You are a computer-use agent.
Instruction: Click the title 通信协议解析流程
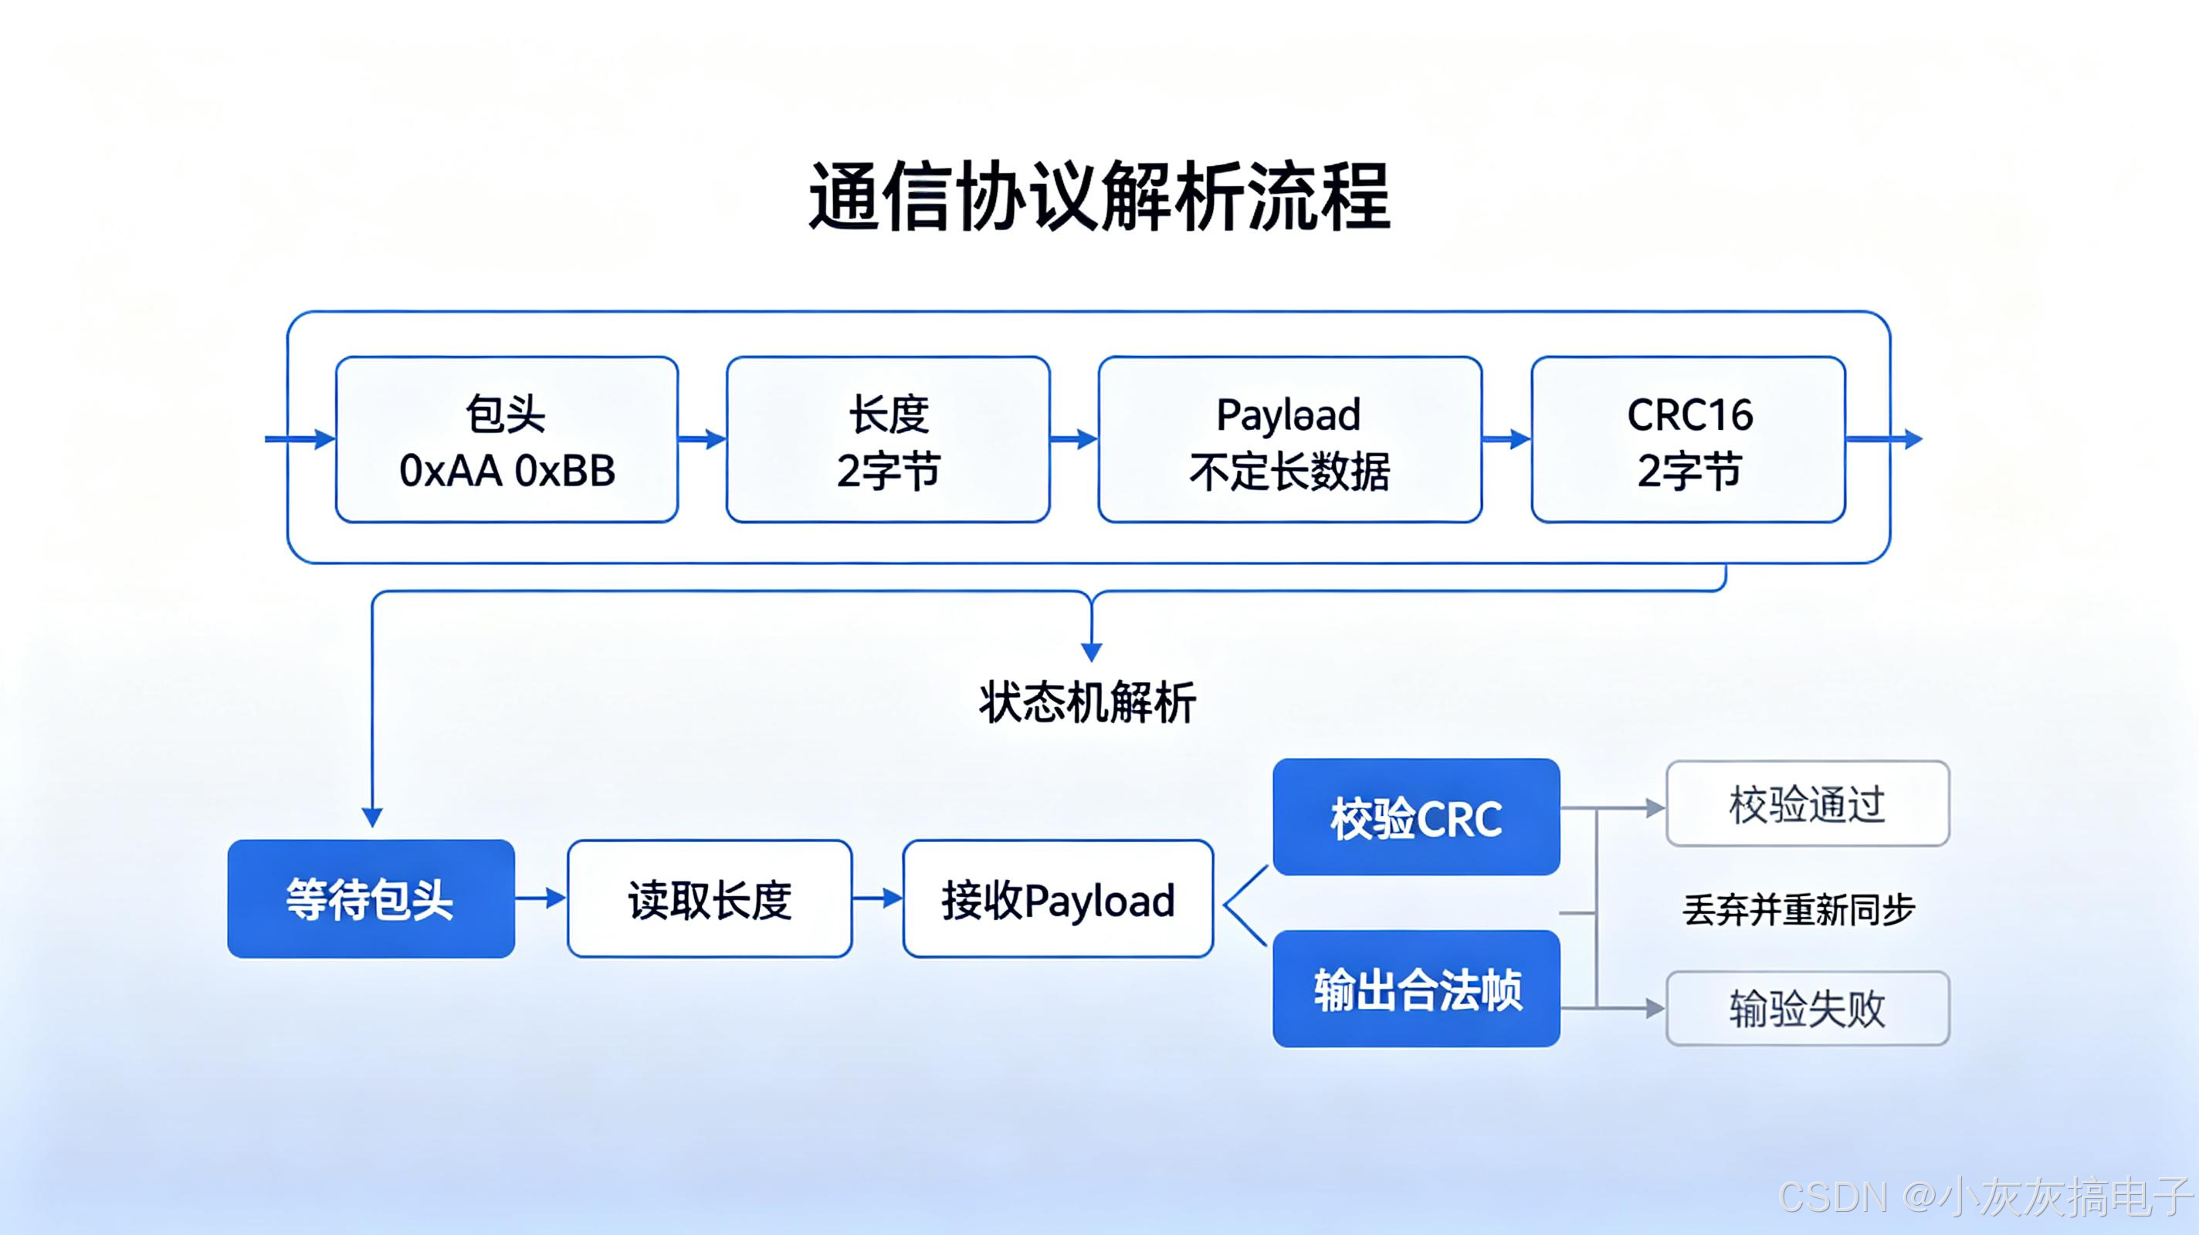click(1099, 197)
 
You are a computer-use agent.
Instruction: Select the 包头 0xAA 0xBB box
click(507, 439)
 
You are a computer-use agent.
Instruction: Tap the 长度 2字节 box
click(888, 439)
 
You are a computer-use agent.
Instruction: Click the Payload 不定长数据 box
click(1290, 439)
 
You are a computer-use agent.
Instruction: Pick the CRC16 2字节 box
click(1689, 439)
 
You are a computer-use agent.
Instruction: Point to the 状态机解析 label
click(1088, 703)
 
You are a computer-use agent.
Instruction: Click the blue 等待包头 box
click(371, 898)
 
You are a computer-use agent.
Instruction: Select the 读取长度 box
click(710, 898)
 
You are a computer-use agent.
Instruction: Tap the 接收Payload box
click(1058, 898)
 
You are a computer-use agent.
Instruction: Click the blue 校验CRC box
click(1416, 817)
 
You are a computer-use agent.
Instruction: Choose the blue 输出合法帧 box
click(1416, 988)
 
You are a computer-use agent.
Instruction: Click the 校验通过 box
click(1808, 804)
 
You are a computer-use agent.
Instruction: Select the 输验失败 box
click(1808, 1008)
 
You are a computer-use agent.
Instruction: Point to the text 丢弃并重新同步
click(1798, 910)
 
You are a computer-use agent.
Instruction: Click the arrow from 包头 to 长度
click(703, 439)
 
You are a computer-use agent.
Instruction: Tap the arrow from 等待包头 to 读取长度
click(541, 898)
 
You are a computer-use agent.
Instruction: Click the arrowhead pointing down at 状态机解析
click(1091, 652)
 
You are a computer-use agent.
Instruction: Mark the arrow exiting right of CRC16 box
click(1884, 439)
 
